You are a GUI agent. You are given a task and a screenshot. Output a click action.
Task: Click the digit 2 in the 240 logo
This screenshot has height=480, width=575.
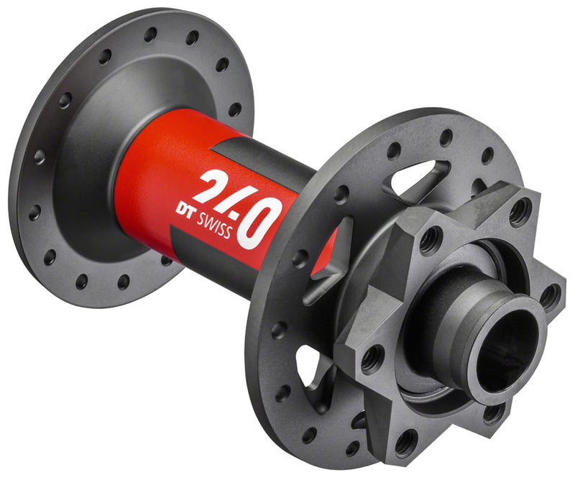click(209, 188)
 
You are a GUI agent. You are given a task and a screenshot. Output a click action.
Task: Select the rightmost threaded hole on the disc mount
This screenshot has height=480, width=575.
click(550, 295)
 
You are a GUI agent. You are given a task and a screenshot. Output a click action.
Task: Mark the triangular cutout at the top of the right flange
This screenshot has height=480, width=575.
click(417, 177)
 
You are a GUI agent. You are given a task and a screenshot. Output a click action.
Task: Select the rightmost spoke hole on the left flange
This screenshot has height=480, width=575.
click(235, 110)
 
